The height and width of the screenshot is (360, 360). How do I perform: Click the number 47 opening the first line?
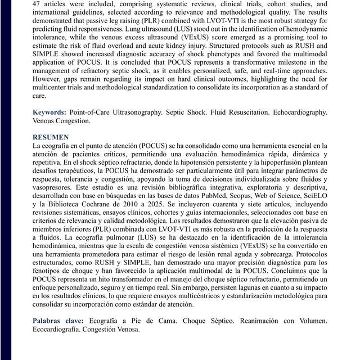click(x=37, y=3)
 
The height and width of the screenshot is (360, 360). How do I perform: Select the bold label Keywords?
click(x=49, y=112)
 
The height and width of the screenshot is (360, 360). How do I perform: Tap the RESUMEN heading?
click(x=51, y=137)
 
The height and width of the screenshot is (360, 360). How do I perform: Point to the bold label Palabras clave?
click(x=58, y=321)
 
